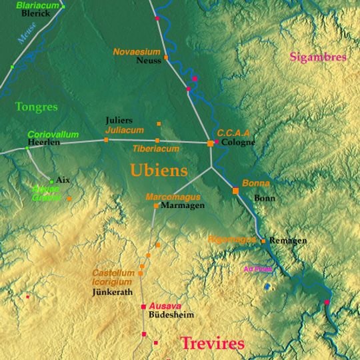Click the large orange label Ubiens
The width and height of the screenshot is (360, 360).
pyautogui.click(x=158, y=171)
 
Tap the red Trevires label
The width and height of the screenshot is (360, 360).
pyautogui.click(x=213, y=344)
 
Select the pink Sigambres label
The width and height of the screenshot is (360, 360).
pyautogui.click(x=318, y=57)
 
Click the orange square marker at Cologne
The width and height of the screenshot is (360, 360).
pyautogui.click(x=211, y=143)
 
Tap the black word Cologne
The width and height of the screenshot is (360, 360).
pyautogui.click(x=238, y=143)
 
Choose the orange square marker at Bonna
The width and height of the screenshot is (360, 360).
pyautogui.click(x=235, y=191)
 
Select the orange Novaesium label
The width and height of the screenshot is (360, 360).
pyautogui.click(x=137, y=51)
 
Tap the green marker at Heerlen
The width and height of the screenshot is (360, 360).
pyautogui.click(x=27, y=147)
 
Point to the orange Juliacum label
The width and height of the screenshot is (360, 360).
pyautogui.click(x=124, y=129)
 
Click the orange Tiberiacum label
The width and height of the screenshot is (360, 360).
pyautogui.click(x=155, y=149)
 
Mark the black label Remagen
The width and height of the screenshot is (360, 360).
pyautogui.click(x=287, y=241)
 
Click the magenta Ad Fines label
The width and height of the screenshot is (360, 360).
pyautogui.click(x=258, y=269)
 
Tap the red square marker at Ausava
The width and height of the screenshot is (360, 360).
pyautogui.click(x=143, y=307)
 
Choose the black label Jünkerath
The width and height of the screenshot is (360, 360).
pyautogui.click(x=113, y=292)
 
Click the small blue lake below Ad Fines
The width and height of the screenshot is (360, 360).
pyautogui.click(x=267, y=286)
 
